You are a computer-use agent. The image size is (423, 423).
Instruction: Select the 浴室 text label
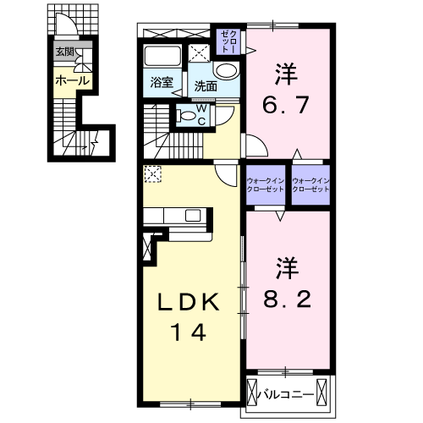(x=162, y=83)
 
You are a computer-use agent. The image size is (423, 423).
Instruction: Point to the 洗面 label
(x=206, y=85)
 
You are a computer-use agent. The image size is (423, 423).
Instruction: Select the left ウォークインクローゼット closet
(x=266, y=186)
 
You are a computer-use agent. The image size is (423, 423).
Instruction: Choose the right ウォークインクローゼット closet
(x=310, y=186)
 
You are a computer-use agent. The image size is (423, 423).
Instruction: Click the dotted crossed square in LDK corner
(x=152, y=173)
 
